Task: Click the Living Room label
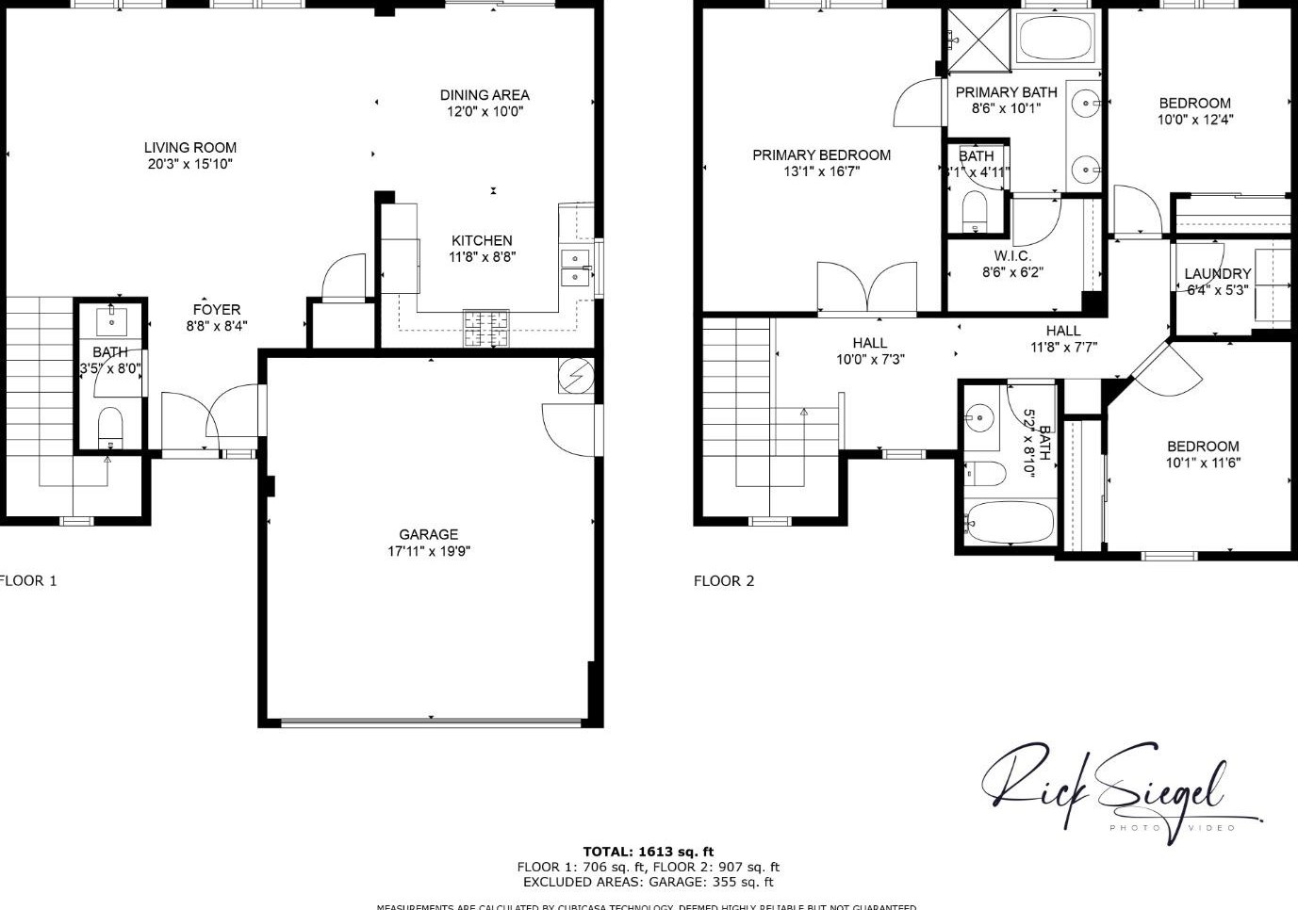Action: [190, 147]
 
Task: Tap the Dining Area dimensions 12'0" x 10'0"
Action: [485, 111]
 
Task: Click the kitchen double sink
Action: [574, 268]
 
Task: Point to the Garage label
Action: [428, 534]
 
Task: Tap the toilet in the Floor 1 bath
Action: [110, 429]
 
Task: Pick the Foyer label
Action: [217, 309]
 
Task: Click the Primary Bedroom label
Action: [821, 154]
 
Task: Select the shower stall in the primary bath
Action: [978, 39]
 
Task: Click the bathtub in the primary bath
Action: [1055, 39]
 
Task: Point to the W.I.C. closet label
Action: [1012, 256]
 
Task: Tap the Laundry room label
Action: [1218, 274]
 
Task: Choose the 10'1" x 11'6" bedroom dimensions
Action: [1203, 463]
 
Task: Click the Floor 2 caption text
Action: [724, 580]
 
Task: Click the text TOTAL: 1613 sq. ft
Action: [649, 852]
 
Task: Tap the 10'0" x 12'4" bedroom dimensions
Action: [1195, 120]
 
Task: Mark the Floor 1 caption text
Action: [28, 580]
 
